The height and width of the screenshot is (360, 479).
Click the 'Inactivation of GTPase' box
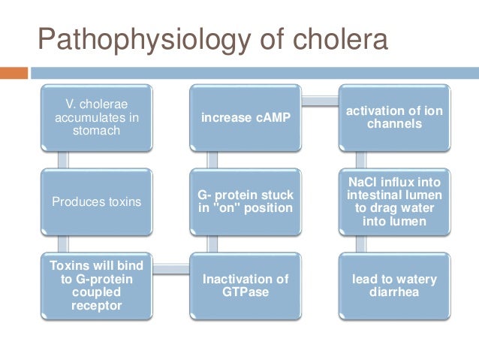(246, 286)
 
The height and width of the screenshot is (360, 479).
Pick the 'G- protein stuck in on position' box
(246, 201)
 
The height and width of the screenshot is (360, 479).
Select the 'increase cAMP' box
(246, 118)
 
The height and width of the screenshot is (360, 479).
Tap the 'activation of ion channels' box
(393, 118)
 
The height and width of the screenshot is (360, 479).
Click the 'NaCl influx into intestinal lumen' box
(393, 201)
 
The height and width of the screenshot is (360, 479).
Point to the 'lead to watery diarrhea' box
(393, 286)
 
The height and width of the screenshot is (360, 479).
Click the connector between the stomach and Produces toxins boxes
(64, 160)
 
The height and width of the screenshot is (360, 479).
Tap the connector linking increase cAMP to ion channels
(319, 98)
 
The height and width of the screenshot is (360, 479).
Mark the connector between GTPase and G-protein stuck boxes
(212, 244)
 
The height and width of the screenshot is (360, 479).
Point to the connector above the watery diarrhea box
(360, 244)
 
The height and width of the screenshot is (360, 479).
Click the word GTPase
(246, 292)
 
